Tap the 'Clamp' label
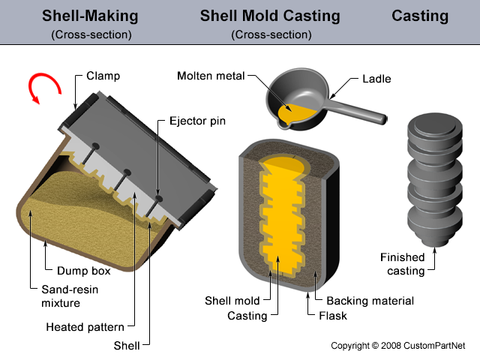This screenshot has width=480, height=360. click(x=103, y=76)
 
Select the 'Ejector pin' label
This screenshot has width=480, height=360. click(x=197, y=121)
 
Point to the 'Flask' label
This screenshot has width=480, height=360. click(x=333, y=316)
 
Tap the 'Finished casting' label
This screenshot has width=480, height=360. click(x=402, y=264)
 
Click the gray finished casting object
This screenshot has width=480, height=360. click(x=430, y=180)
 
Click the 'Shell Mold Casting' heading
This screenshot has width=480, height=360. click(x=270, y=16)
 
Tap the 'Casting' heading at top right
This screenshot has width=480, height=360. click(x=420, y=16)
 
